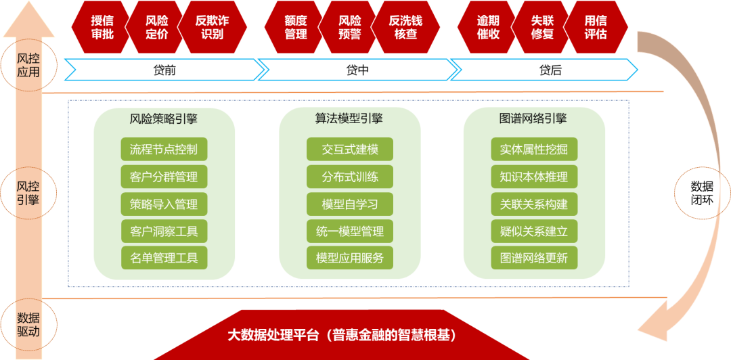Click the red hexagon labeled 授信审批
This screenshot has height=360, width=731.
[102, 27]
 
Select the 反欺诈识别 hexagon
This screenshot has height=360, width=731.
[212, 27]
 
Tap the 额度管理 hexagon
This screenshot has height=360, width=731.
[296, 27]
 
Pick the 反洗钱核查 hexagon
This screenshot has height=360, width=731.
[405, 27]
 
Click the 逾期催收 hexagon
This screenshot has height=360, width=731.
[488, 27]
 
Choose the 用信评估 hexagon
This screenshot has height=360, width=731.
[596, 27]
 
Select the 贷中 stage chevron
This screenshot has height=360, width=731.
[357, 70]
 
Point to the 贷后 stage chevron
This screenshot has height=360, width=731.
[550, 70]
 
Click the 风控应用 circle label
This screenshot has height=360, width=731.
[28, 66]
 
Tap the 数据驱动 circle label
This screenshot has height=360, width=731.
[28, 325]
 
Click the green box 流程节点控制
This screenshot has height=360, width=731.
[164, 150]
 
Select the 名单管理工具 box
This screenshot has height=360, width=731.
[164, 258]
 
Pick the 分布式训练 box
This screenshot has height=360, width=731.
[350, 177]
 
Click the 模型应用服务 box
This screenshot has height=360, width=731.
[350, 258]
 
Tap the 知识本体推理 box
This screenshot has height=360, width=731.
[534, 177]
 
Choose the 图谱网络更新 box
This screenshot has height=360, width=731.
[534, 258]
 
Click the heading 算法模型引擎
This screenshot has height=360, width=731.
[349, 118]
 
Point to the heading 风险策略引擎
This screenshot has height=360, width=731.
[164, 118]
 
